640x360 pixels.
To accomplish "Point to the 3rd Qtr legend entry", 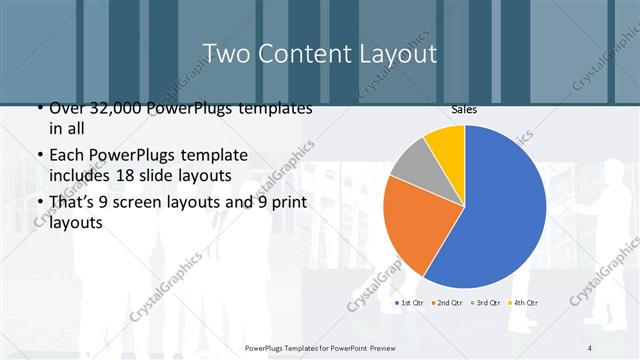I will pyautogui.click(x=486, y=302).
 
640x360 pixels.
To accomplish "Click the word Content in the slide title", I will pyautogui.click(x=306, y=53).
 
